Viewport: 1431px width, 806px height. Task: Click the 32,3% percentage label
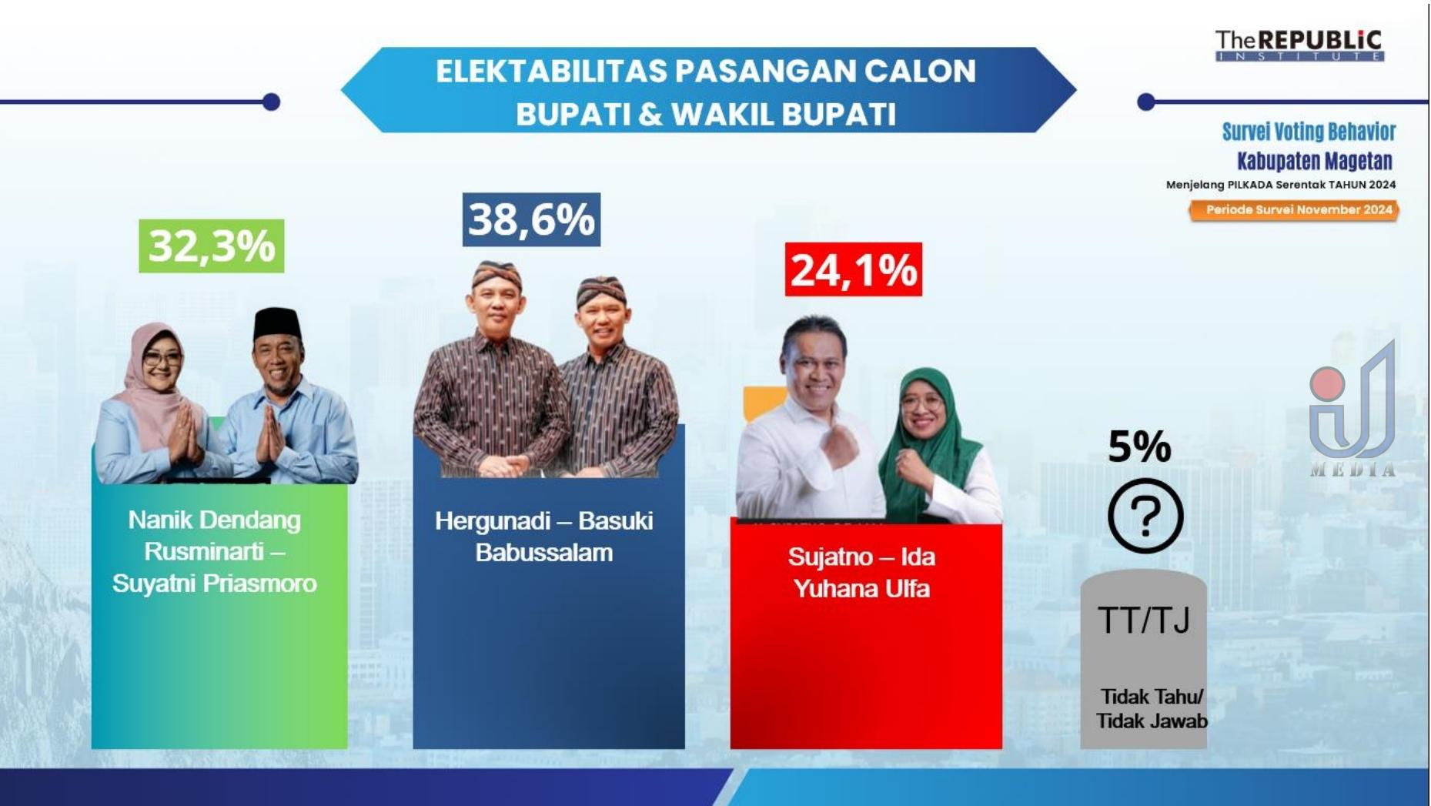tap(212, 246)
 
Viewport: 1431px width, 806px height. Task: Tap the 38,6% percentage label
tap(531, 219)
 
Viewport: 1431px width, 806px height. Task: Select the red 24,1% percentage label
tap(854, 269)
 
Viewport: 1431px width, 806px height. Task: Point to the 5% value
tap(1139, 446)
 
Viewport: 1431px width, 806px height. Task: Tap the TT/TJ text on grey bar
tap(1144, 620)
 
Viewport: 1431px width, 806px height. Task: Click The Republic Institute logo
tap(1299, 45)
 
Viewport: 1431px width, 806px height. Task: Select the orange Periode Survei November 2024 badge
tap(1295, 210)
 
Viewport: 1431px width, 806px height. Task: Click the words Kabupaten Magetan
tap(1315, 161)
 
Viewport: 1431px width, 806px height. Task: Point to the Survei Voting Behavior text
tap(1309, 132)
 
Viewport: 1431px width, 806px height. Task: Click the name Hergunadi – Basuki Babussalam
tap(544, 537)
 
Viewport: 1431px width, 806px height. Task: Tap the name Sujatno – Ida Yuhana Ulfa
tap(861, 573)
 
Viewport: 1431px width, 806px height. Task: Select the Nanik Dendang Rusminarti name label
tap(215, 536)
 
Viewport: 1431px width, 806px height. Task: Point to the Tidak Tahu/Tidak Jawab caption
tap(1152, 709)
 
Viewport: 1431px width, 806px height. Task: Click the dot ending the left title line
tap(271, 102)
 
